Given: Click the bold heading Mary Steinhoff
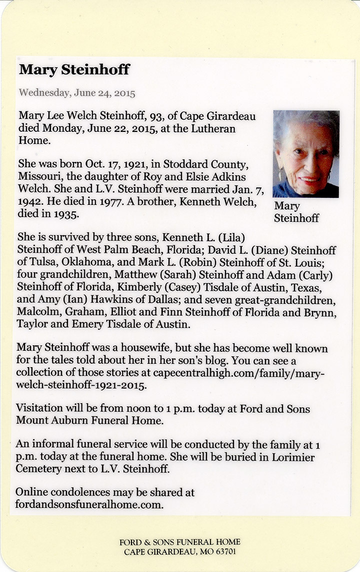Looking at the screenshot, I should tap(74, 70).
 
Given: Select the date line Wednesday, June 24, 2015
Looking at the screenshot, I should tap(77, 93).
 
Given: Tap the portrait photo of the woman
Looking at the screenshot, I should tap(306, 154).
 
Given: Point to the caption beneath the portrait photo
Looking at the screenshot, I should tap(296, 212).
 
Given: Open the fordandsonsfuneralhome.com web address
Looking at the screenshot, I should tap(89, 505).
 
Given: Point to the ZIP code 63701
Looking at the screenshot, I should tap(223, 553).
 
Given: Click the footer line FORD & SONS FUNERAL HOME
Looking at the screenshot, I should tap(180, 542).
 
